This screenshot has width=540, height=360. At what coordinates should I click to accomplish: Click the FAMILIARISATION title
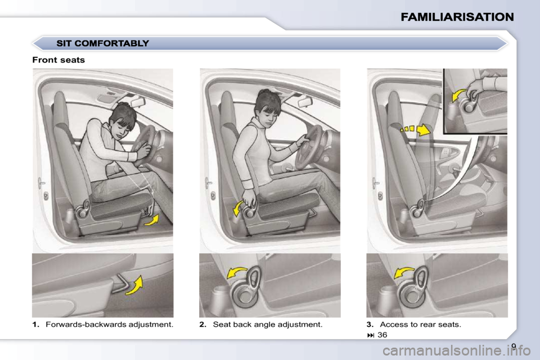click(x=457, y=17)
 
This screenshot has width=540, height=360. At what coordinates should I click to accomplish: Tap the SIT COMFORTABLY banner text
click(x=102, y=43)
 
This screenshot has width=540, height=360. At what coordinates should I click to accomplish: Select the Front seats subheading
click(x=58, y=60)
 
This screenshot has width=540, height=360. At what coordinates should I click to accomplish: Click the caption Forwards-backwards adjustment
click(x=110, y=325)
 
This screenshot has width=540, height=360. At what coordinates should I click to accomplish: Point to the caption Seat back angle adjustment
click(x=268, y=325)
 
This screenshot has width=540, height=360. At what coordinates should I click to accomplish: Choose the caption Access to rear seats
click(x=420, y=325)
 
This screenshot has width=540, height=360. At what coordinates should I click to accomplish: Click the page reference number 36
click(x=382, y=335)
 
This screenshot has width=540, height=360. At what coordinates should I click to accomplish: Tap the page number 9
click(x=514, y=345)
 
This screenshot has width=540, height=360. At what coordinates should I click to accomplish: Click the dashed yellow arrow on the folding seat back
click(x=416, y=130)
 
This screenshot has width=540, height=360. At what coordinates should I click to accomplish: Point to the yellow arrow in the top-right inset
click(x=457, y=96)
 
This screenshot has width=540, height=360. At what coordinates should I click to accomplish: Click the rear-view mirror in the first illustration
click(x=137, y=102)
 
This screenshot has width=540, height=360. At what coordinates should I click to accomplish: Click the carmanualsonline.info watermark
click(x=456, y=352)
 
